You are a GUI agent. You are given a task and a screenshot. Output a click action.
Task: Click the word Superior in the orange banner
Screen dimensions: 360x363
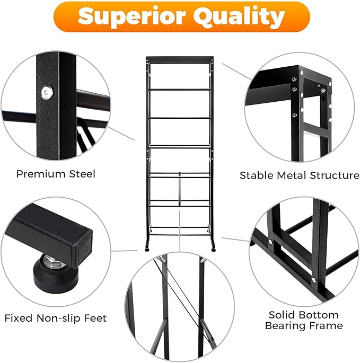click(131, 16)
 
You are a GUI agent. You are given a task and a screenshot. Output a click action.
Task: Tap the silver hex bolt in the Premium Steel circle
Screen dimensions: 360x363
click(47, 92)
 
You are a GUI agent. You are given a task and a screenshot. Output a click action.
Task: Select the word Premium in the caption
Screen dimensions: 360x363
click(41, 174)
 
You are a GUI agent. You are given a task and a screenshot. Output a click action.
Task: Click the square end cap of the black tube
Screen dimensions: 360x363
click(83, 249)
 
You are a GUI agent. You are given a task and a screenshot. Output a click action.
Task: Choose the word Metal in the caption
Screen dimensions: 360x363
click(292, 175)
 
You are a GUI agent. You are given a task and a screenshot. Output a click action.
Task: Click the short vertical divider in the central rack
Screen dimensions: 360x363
click(179, 189)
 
